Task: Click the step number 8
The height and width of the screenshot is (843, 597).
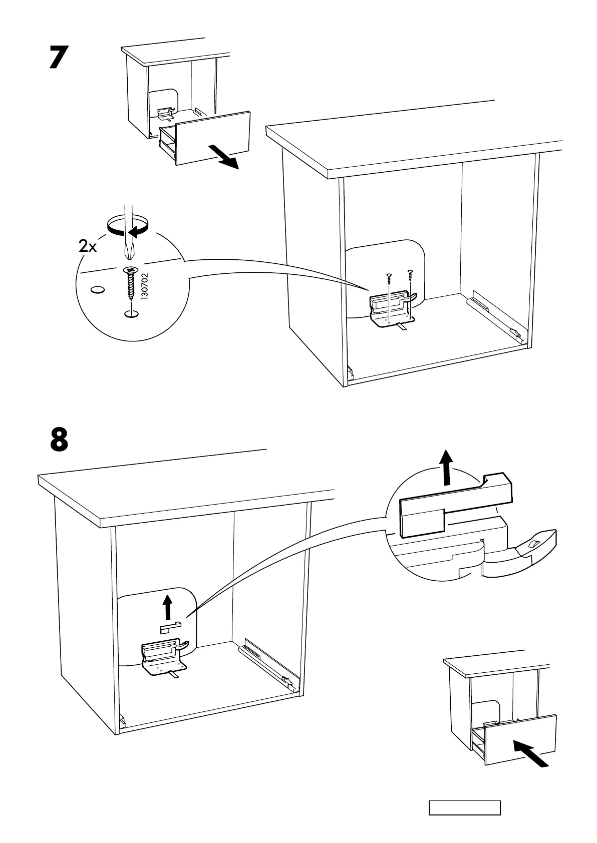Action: point(59,439)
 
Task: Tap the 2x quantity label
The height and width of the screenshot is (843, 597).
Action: point(88,246)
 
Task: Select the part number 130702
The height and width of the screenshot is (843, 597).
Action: point(145,286)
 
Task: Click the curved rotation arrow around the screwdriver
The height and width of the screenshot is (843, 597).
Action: point(129,226)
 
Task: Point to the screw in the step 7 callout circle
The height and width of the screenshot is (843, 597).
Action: point(131,282)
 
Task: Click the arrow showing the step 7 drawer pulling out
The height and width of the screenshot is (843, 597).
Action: point(223,157)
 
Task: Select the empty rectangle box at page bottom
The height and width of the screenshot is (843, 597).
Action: point(464,807)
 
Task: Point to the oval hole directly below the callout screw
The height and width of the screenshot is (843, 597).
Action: point(131,314)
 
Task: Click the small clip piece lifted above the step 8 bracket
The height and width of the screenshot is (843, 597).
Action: point(170,626)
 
